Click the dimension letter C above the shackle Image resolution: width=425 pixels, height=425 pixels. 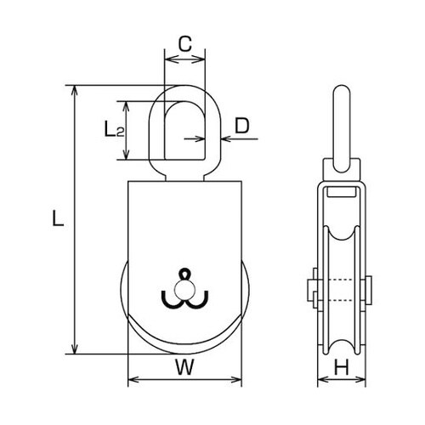point(184,42)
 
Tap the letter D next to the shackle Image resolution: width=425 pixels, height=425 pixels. point(241,127)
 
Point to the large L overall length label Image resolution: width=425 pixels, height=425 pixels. point(56,218)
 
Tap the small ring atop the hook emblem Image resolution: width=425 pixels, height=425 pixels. point(184,274)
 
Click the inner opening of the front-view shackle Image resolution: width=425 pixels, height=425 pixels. point(184,127)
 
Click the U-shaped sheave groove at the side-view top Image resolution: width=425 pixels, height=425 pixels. point(342,229)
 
